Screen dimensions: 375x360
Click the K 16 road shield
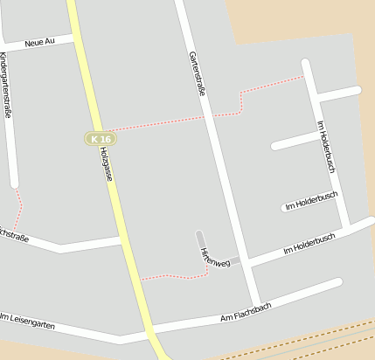point(101,139)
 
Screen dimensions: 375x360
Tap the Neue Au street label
point(40,41)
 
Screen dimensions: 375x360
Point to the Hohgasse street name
point(106,163)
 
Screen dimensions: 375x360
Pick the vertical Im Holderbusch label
point(326,144)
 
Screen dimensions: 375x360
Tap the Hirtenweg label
point(209,256)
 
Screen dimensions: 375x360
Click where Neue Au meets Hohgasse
point(73,38)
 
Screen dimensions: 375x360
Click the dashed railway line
point(297,340)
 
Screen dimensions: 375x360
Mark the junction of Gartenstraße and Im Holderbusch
point(243,262)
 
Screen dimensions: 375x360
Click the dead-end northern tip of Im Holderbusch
point(305,62)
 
